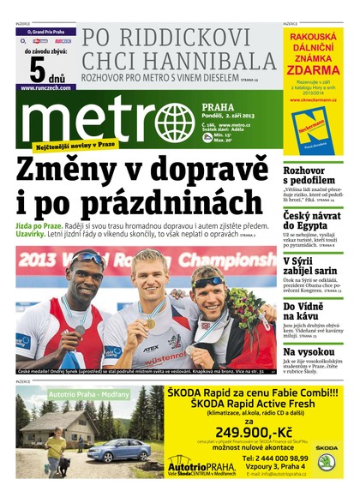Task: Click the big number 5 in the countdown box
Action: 38,65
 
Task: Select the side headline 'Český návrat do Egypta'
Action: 313,220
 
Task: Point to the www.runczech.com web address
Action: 39,87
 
